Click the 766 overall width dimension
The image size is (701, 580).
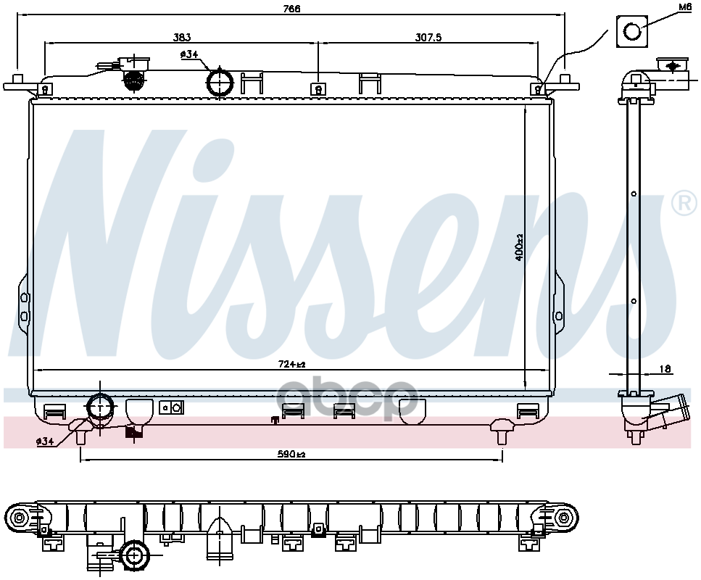(291, 9)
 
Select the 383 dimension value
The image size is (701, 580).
(182, 38)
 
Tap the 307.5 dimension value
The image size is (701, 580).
(428, 38)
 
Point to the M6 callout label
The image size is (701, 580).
(684, 7)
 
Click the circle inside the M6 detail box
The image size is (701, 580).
(632, 32)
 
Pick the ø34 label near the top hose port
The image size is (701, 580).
(189, 54)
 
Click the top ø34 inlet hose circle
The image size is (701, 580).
(220, 81)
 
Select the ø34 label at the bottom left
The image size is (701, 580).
(45, 442)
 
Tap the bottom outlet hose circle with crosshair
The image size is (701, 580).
(100, 407)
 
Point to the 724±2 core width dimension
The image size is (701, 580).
(292, 365)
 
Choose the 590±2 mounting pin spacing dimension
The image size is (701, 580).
(291, 455)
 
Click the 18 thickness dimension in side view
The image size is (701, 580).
(665, 369)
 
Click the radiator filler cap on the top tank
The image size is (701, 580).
(133, 80)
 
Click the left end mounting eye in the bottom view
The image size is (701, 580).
(19, 518)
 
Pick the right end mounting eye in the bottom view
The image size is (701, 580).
(563, 518)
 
